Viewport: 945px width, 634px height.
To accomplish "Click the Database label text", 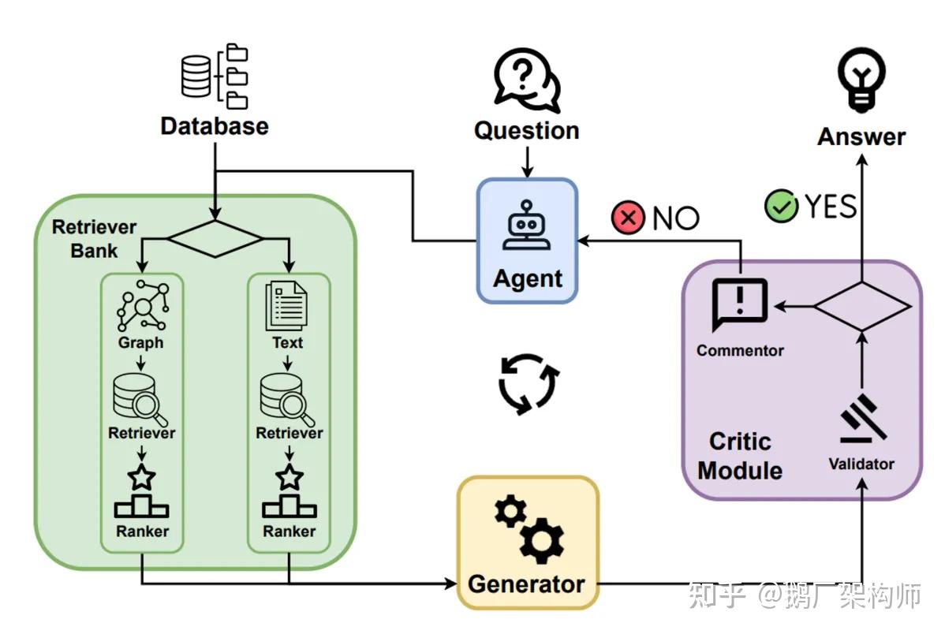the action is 215,126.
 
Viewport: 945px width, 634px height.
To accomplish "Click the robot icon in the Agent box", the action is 528,226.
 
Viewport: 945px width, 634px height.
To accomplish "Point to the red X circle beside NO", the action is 628,218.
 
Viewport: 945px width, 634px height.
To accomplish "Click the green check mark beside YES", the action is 781,206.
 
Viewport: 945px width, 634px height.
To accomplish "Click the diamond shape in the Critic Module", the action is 862,306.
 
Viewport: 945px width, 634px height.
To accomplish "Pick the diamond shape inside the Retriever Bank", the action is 215,239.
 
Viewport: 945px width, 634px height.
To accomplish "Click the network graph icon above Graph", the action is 143,305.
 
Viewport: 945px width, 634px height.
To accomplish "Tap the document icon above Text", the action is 286,306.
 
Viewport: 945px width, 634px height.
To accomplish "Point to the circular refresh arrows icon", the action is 529,384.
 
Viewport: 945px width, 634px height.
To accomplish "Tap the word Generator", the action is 526,584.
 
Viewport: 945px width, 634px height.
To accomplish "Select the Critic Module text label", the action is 740,456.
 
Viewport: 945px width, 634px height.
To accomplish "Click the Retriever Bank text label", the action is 94,239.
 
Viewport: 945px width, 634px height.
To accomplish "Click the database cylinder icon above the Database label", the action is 196,76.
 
